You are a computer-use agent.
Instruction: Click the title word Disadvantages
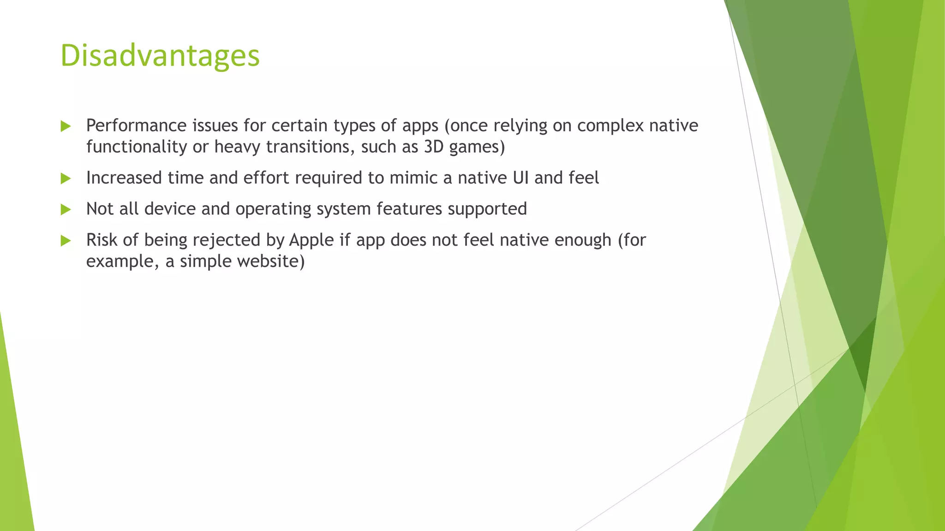(x=160, y=55)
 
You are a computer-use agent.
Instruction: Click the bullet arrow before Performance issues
(x=66, y=126)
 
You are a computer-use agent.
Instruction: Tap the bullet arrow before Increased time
(x=66, y=178)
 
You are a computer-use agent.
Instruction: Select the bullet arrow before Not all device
(x=66, y=210)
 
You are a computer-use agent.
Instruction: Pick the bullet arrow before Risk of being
(x=66, y=241)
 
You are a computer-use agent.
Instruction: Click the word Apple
(x=311, y=240)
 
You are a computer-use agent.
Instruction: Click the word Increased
(x=124, y=178)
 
